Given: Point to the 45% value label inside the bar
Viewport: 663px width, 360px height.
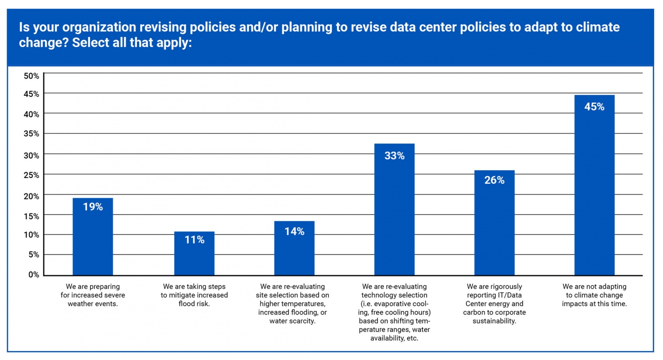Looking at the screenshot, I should (594, 107).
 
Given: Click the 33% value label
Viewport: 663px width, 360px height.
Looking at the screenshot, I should (394, 156).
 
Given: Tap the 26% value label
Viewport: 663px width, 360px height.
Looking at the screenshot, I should (494, 180).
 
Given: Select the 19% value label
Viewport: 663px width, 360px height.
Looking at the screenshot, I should (93, 207).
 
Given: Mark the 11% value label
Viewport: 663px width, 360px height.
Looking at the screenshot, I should (194, 240).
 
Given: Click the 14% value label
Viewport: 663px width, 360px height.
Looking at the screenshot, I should (294, 231).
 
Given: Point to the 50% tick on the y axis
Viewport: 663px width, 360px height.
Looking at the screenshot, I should (31, 76).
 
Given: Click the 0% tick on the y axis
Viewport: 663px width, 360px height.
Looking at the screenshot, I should (34, 275).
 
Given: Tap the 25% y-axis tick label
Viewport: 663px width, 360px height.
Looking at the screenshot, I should (31, 175).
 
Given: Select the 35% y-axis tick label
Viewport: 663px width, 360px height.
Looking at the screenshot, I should (31, 134).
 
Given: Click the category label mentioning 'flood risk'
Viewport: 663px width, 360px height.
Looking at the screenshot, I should (194, 295).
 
